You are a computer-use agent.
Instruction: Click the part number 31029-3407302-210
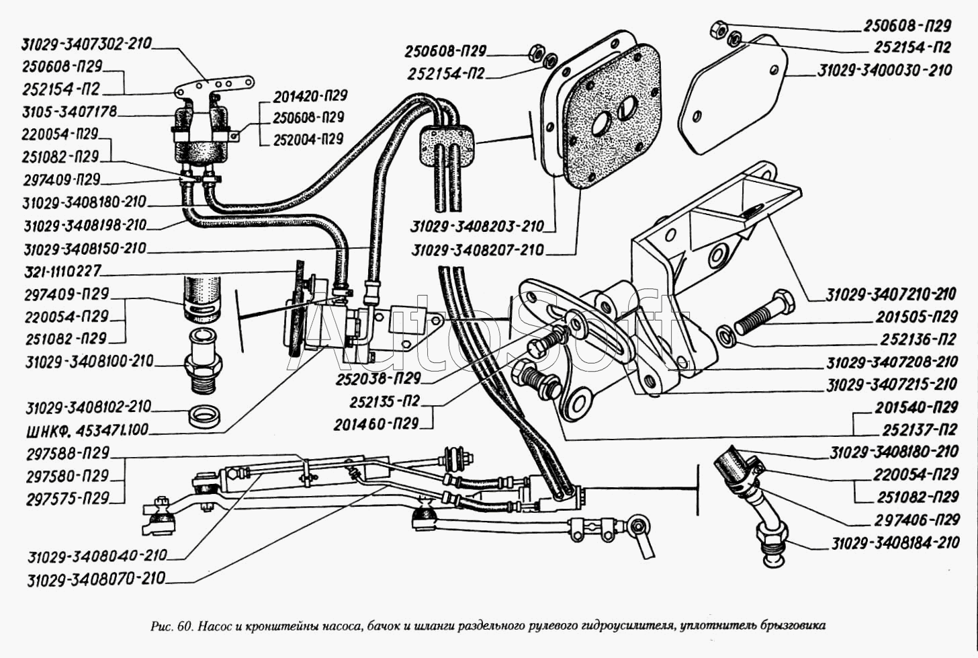pyautogui.click(x=87, y=44)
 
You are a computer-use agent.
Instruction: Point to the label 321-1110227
pyautogui.click(x=61, y=272)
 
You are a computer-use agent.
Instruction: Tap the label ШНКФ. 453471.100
pyautogui.click(x=87, y=429)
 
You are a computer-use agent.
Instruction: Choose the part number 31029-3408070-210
pyautogui.click(x=96, y=579)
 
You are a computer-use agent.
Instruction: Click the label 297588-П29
pyautogui.click(x=67, y=453)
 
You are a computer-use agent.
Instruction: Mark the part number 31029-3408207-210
pyautogui.click(x=478, y=250)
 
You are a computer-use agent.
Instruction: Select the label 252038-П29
pyautogui.click(x=379, y=378)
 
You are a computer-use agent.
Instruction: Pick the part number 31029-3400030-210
pyautogui.click(x=885, y=70)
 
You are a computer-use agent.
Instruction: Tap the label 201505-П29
pyautogui.click(x=916, y=317)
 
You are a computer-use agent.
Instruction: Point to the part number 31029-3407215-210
pyautogui.click(x=891, y=385)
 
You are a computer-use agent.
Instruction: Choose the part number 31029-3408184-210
pyautogui.click(x=895, y=543)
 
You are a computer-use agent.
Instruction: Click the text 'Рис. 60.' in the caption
pyautogui.click(x=173, y=626)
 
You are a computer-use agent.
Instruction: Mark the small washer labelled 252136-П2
pyautogui.click(x=726, y=334)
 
